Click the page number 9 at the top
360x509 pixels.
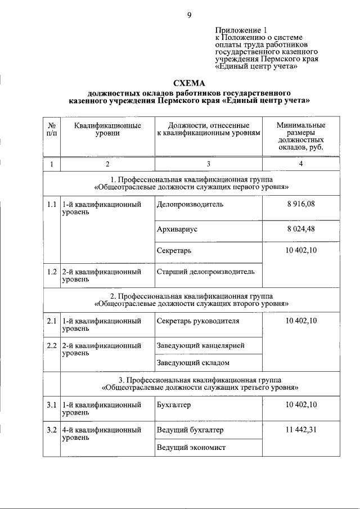pos(190,16)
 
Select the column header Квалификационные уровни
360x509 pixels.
pos(107,129)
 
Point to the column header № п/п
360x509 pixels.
pos(51,129)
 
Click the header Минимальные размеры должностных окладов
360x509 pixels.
pos(301,137)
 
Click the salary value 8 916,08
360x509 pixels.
pos(301,204)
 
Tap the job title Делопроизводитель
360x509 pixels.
pos(190,204)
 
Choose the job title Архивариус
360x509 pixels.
pos(177,229)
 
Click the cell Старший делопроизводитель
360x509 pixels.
pos(205,272)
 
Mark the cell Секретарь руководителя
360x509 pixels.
pos(198,321)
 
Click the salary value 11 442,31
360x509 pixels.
pos(301,430)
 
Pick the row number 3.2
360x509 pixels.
pos(51,430)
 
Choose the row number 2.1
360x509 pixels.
pos(51,321)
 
